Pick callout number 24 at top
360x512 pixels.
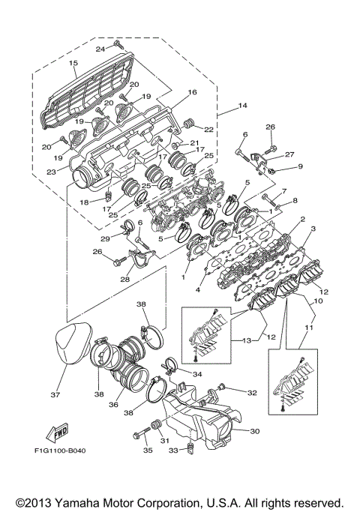[x=99, y=49]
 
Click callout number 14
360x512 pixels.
[x=242, y=107]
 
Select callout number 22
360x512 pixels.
[x=208, y=130]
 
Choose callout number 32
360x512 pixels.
[x=252, y=392]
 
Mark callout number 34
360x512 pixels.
[x=198, y=373]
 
